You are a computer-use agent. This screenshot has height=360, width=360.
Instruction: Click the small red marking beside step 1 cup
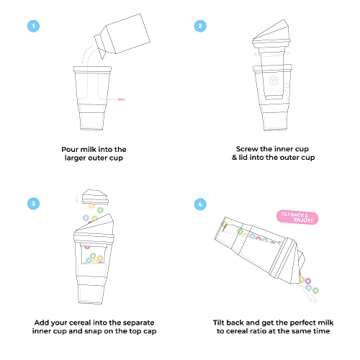click(x=121, y=98)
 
